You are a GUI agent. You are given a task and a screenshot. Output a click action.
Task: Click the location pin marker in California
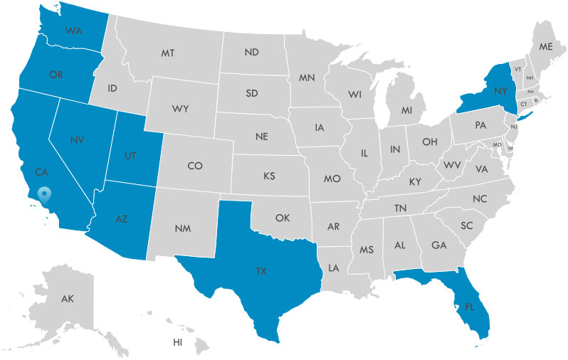tap(45, 194)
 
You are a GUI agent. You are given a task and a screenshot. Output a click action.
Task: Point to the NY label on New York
tap(500, 90)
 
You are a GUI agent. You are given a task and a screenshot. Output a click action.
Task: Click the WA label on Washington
tap(73, 31)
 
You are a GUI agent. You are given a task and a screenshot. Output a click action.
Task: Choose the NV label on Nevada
tap(78, 139)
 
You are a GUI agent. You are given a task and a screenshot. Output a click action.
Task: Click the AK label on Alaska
tap(68, 299)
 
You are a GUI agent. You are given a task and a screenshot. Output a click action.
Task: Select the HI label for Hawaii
tap(178, 342)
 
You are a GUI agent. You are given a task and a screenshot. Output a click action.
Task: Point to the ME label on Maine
tap(545, 47)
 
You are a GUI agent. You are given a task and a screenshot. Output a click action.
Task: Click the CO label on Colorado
tap(195, 166)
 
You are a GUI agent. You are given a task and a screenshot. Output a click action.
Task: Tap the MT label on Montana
tap(168, 53)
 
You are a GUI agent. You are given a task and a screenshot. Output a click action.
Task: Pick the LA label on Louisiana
tap(333, 268)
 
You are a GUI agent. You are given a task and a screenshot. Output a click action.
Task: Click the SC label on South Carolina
tap(467, 226)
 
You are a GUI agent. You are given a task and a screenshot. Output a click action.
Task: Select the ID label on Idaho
tap(112, 89)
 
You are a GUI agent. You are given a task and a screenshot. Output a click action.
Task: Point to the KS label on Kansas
tap(270, 175)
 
